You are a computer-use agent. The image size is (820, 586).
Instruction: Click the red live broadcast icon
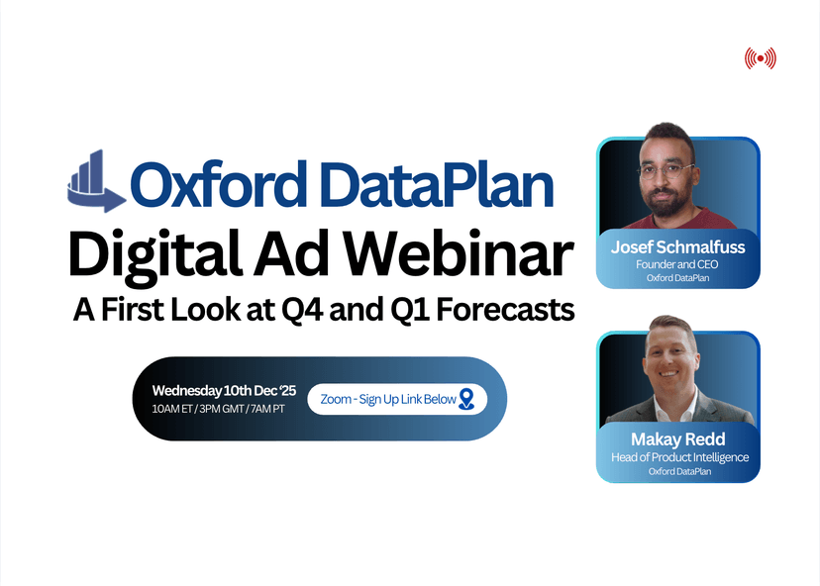tap(760, 58)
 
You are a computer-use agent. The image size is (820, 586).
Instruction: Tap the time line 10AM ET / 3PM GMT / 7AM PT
tap(219, 409)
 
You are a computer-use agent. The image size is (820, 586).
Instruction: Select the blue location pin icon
tap(467, 399)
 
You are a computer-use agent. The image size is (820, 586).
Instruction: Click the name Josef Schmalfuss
tap(678, 247)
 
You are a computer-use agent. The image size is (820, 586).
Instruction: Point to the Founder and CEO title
tap(678, 264)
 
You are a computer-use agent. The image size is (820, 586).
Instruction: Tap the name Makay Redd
tap(678, 439)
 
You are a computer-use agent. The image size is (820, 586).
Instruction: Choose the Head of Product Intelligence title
tap(678, 456)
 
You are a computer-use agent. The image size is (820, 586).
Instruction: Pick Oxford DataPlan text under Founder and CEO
tap(678, 278)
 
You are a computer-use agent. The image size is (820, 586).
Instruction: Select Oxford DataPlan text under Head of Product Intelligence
tap(678, 471)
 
